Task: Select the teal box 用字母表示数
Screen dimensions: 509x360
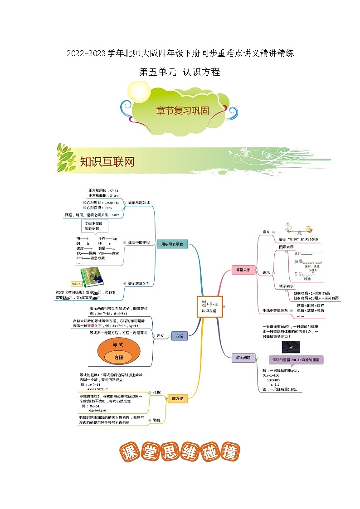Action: [x=171, y=244]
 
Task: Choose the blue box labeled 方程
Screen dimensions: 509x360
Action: [x=179, y=336]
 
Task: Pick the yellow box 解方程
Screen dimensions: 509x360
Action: [x=177, y=398]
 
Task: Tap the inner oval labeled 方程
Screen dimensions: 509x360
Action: [x=119, y=358]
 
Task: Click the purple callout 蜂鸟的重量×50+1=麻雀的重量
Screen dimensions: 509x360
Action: [x=296, y=360]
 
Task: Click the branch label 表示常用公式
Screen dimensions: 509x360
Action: [x=138, y=203]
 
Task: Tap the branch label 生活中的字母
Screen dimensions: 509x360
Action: [x=138, y=242]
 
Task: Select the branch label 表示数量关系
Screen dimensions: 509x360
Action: [x=139, y=283]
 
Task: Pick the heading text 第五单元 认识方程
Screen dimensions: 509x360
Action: [x=180, y=72]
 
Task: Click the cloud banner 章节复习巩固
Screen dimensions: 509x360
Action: [x=182, y=110]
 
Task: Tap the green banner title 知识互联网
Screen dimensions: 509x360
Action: [x=107, y=162]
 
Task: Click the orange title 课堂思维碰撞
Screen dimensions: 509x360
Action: [x=180, y=452]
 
